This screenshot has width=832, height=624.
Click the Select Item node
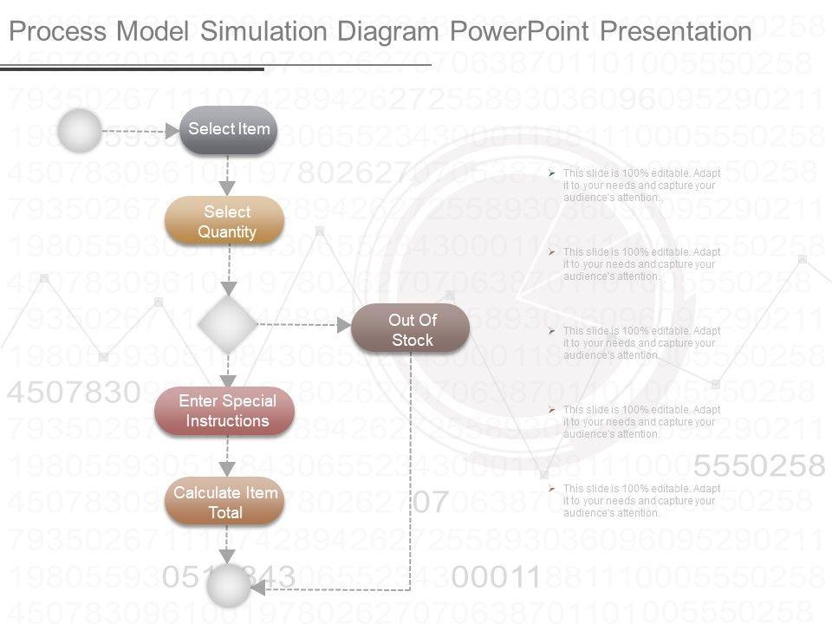point(229,130)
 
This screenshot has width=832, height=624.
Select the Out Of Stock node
point(412,329)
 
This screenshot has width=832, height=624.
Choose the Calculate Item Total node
point(225,503)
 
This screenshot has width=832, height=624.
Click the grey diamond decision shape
point(227,325)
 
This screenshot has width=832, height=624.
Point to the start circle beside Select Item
point(80,131)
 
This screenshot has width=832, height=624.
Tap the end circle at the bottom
point(228,587)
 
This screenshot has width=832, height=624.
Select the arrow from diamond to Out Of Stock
point(303,326)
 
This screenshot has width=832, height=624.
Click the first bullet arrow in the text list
point(553,172)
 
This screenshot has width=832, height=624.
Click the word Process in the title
point(57,32)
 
